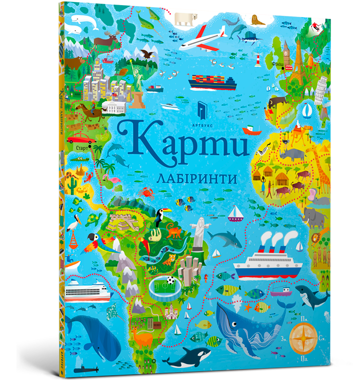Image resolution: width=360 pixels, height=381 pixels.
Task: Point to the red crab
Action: pos(147,193)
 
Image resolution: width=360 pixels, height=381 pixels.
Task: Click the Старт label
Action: pos(81,148)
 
